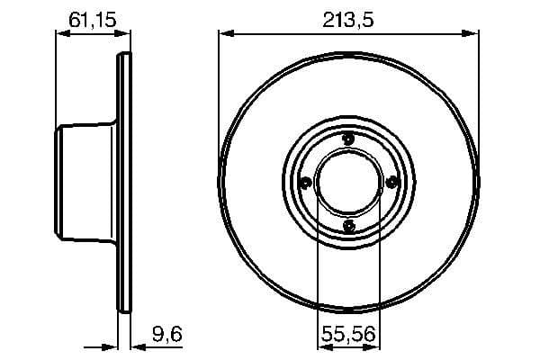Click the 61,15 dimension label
89,17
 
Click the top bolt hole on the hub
349,138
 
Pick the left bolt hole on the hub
305,183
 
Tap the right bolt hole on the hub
392,183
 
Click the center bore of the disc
349,182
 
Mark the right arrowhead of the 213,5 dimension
472,34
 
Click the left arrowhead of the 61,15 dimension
62,34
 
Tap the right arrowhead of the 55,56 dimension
374,347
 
